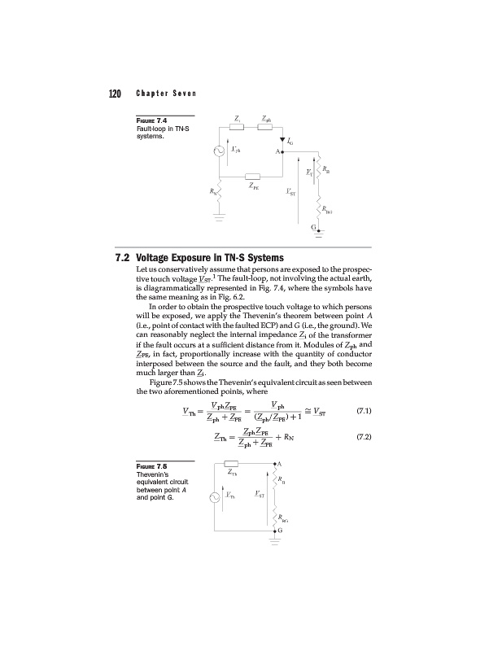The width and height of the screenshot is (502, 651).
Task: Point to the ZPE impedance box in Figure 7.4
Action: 252,177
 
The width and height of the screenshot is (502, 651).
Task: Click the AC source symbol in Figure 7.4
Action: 218,152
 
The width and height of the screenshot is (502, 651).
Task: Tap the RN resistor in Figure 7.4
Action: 218,194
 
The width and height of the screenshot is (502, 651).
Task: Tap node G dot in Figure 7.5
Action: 275,531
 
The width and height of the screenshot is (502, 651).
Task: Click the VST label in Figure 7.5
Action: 259,494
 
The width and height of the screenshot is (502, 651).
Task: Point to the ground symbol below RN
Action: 218,216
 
